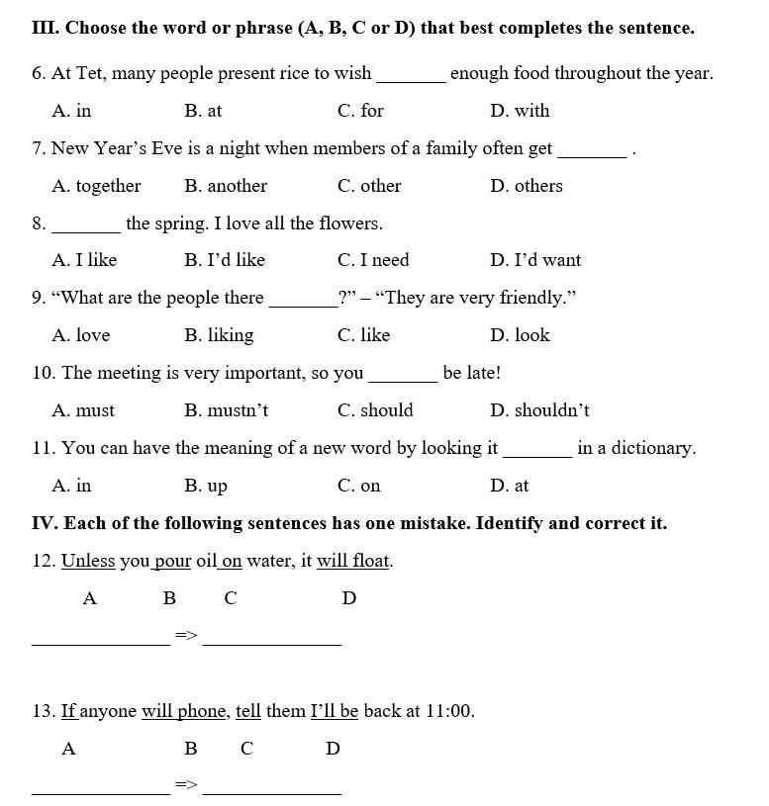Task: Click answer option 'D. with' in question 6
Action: [x=520, y=111]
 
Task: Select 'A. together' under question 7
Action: [x=96, y=186]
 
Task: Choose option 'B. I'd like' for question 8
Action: [x=225, y=260]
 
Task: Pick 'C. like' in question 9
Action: [x=363, y=335]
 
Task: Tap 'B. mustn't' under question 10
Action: [x=226, y=410]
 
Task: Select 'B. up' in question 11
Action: [x=206, y=486]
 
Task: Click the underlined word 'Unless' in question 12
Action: [x=88, y=561]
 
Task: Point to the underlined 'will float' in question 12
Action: [x=353, y=561]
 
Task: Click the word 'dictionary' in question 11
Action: [x=650, y=448]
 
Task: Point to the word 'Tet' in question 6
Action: [x=90, y=73]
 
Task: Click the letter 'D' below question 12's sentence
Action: [x=348, y=598]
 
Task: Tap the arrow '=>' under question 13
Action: [x=186, y=785]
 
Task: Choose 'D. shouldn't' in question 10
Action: [x=539, y=410]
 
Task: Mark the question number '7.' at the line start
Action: [x=39, y=148]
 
